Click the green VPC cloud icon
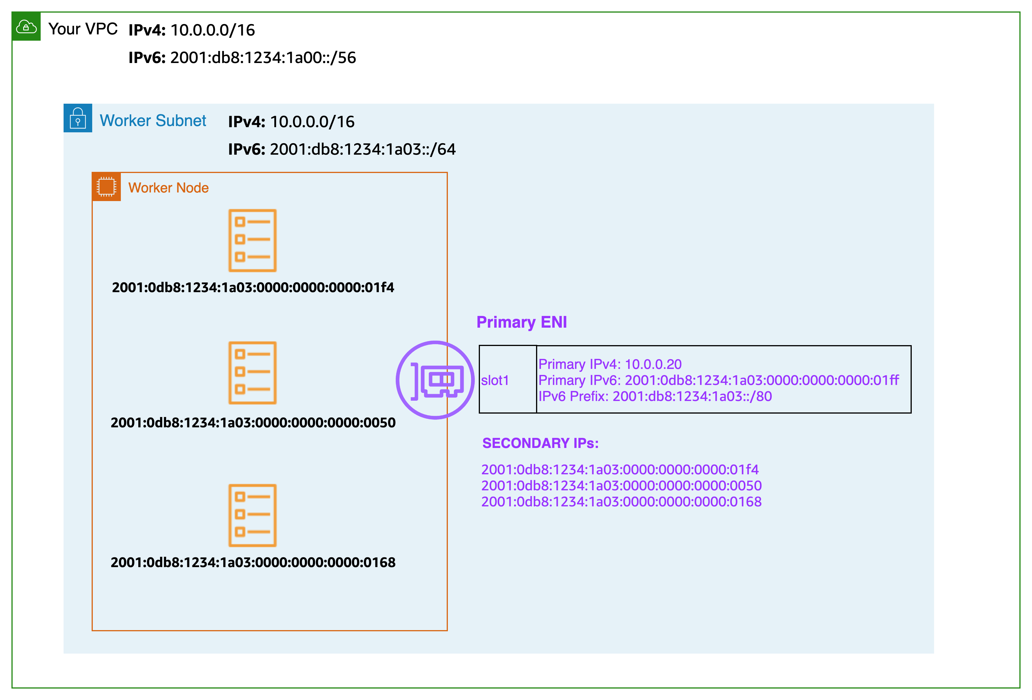pos(26,27)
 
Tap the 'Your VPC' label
pos(83,29)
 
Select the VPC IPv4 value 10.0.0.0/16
pos(213,30)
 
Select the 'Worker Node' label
pos(168,188)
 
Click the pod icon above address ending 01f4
pos(252,240)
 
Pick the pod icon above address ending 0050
pos(252,373)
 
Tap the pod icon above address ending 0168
pos(252,515)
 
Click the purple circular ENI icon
pos(435,380)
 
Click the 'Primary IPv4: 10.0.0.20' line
pos(610,364)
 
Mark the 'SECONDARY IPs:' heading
pos(540,443)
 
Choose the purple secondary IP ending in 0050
pos(621,485)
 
